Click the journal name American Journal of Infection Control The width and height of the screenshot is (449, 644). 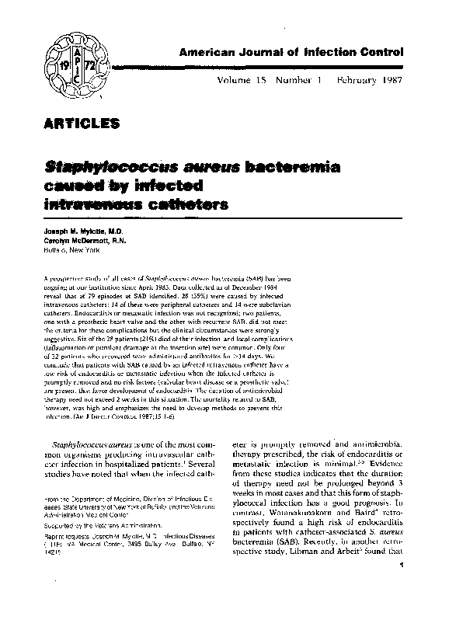[291, 53]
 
